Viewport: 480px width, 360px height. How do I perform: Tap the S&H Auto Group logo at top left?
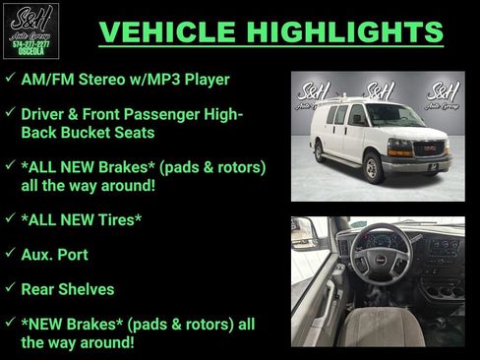[31, 30]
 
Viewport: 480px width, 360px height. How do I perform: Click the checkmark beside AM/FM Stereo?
[9, 77]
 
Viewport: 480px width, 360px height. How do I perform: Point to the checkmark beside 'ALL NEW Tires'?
[9, 217]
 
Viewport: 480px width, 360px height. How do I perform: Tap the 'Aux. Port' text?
[54, 254]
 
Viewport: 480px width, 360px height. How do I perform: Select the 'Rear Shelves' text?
[67, 289]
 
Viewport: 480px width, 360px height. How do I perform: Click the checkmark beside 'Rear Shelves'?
[9, 288]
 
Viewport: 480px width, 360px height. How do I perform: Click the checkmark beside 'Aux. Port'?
[9, 253]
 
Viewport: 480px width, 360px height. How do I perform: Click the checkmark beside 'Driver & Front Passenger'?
[9, 112]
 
